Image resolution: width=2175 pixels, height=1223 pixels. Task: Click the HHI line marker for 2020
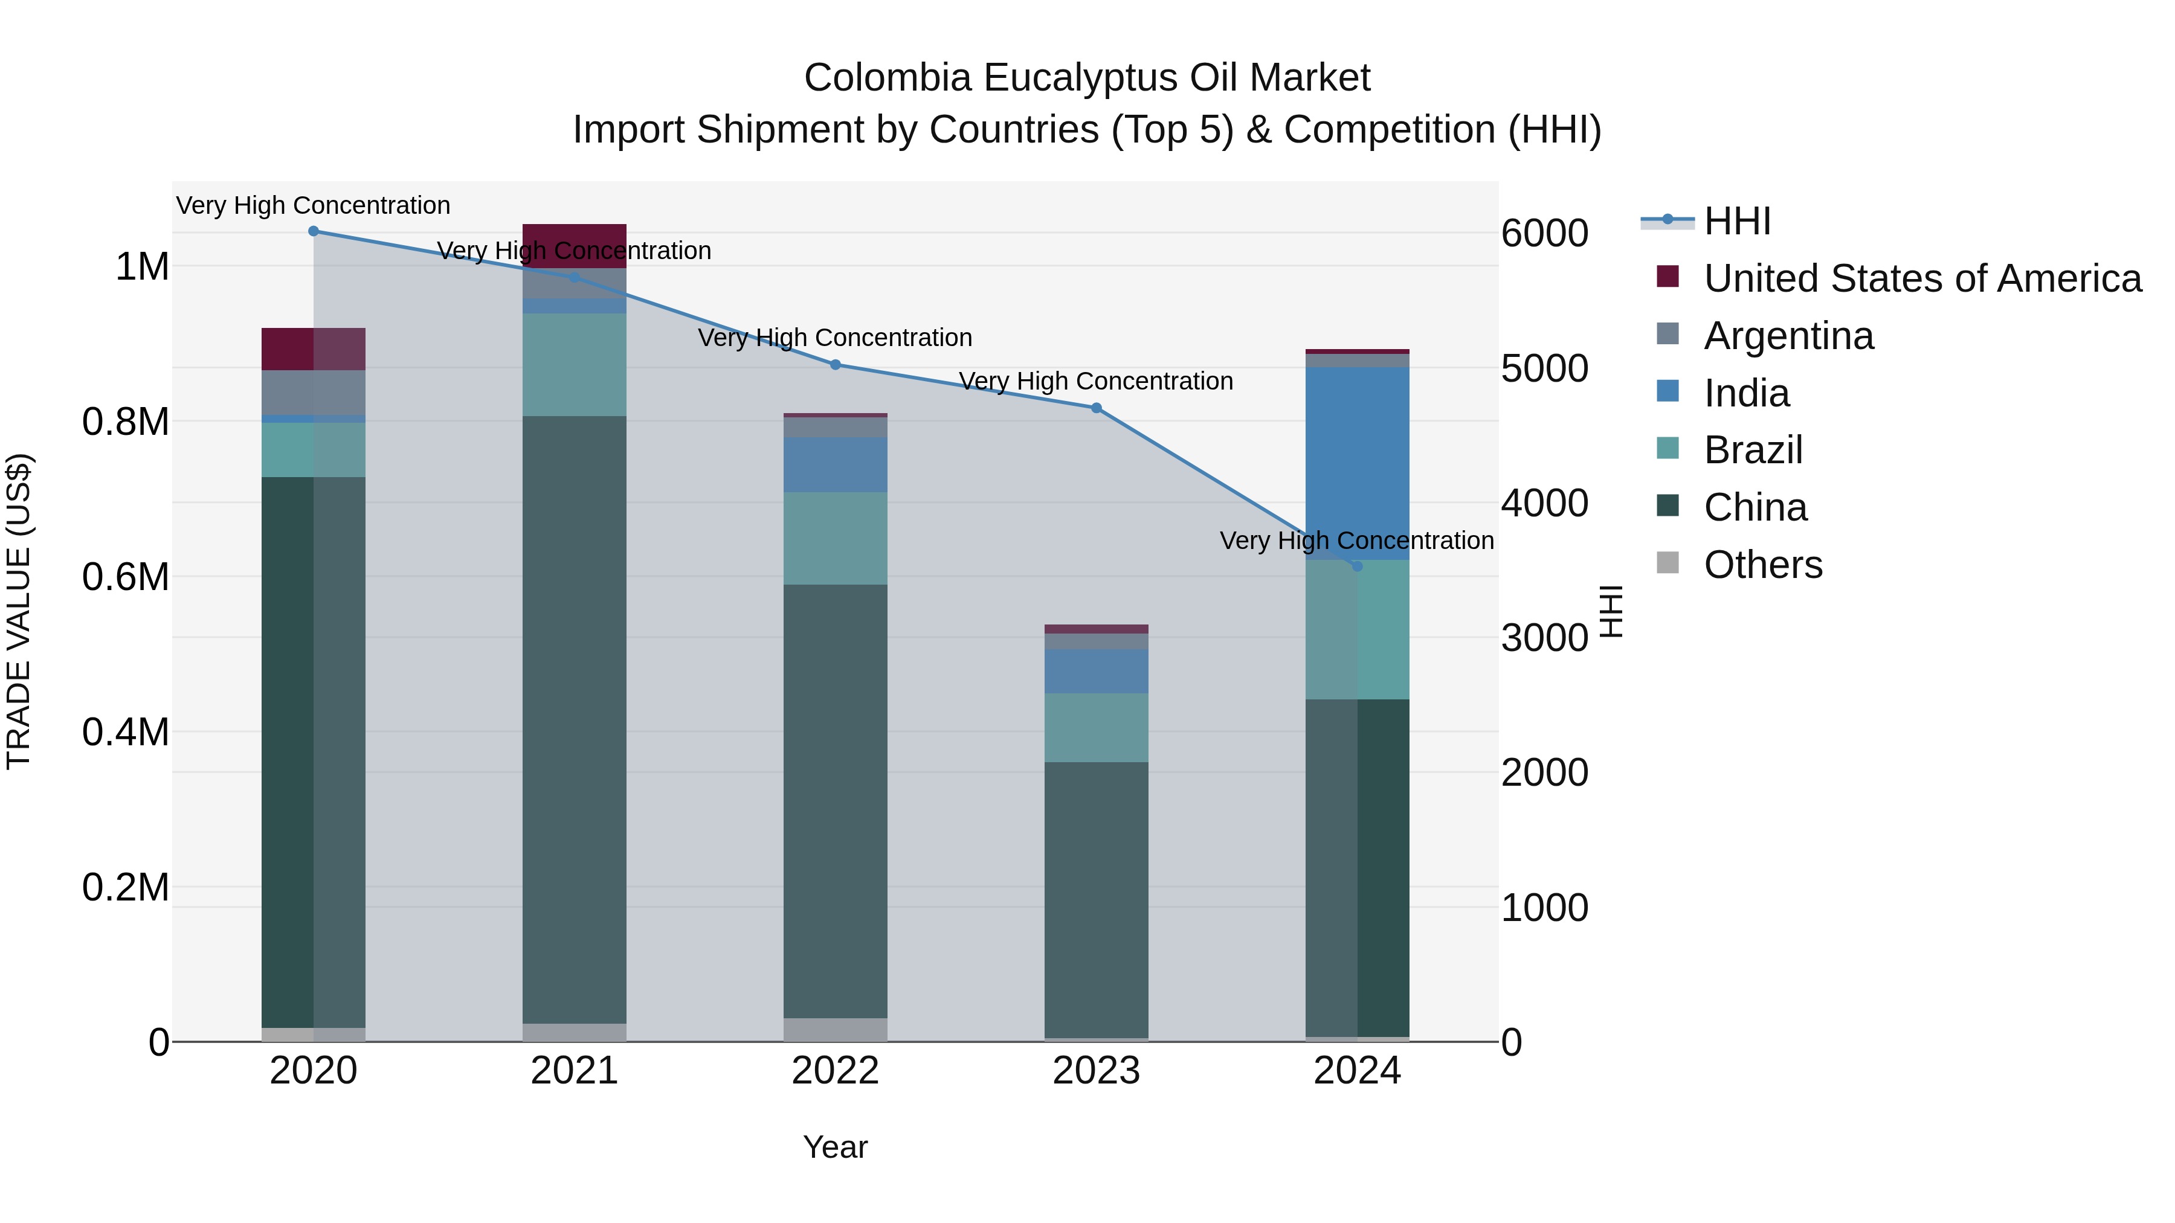point(313,231)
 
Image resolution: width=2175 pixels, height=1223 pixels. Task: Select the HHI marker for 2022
point(835,365)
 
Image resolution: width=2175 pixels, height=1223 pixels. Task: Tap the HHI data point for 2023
point(1096,408)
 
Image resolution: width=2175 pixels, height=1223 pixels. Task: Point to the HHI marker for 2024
point(1357,567)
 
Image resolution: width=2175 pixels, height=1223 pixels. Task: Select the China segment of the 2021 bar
point(574,717)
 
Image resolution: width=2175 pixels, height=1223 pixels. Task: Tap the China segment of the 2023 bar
point(1096,899)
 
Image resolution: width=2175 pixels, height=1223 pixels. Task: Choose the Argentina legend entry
point(1788,336)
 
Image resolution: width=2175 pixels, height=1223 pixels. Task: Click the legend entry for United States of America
point(1922,278)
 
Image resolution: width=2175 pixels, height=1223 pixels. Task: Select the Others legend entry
point(1762,565)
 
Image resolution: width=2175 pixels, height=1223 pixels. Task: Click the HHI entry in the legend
point(1737,221)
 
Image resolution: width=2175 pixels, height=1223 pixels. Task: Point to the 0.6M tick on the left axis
point(126,577)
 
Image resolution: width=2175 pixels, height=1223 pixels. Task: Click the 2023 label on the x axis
point(1096,1071)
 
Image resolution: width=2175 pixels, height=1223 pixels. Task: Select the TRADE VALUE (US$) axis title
point(19,611)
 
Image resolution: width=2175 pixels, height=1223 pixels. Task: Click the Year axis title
point(835,1147)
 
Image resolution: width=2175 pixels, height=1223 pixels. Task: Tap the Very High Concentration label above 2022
point(835,338)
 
